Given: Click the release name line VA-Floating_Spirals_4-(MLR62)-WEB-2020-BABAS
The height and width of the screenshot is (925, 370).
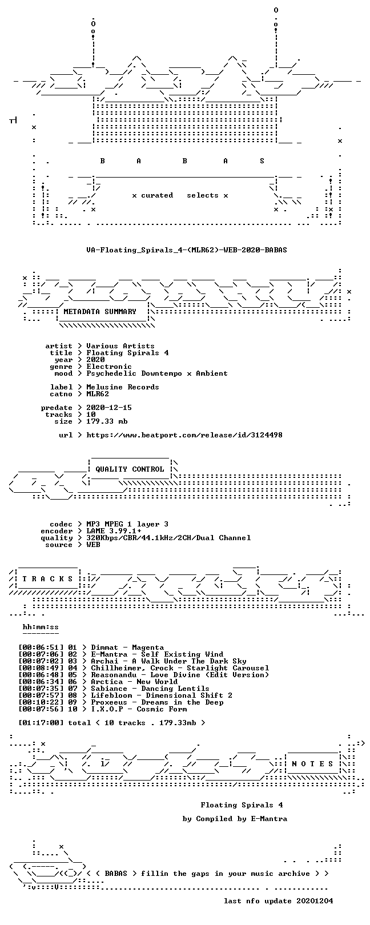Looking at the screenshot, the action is coord(187,250).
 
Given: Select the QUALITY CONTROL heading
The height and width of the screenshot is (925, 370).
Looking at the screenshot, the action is coord(130,469).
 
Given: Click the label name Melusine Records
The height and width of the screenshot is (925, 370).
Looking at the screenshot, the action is coord(123,387).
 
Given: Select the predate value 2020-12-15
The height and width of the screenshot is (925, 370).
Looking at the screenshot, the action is coord(109,408).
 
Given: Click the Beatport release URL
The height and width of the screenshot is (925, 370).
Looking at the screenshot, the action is coord(184,435).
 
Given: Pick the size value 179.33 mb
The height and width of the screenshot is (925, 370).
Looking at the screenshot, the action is coord(107,421).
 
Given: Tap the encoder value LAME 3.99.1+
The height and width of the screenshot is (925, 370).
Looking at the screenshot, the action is coord(114,531).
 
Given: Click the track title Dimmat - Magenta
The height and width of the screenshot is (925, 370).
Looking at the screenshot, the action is coord(127,647).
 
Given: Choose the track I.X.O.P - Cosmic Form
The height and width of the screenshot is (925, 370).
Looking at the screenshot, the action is coord(139,709).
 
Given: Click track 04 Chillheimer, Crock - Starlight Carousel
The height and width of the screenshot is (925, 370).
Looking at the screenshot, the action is coord(180,668).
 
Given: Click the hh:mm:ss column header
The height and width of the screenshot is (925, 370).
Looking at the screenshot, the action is coord(41,627).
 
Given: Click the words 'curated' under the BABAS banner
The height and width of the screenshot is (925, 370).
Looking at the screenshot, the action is coord(157,195).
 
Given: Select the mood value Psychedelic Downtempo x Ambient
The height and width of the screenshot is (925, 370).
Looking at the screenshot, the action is coord(157,373).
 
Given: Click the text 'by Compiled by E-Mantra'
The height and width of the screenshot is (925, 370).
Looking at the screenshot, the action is coord(235,818).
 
